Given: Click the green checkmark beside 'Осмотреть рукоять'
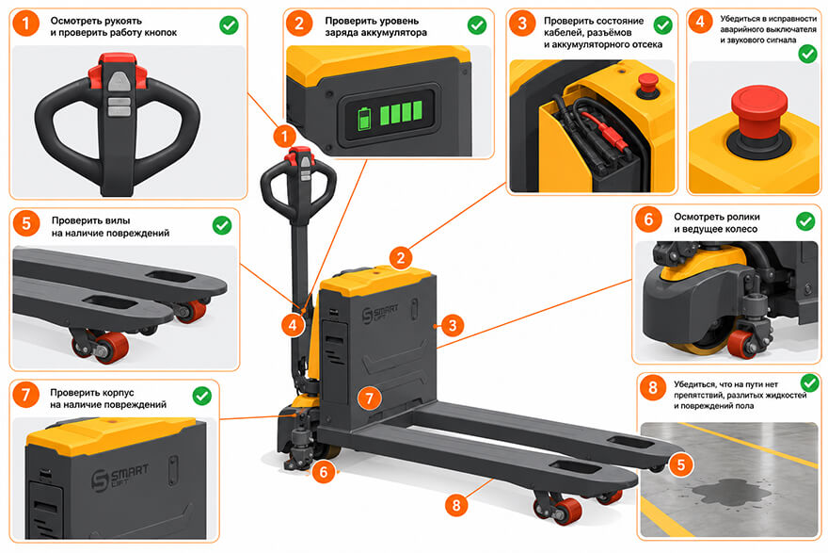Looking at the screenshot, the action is click(x=229, y=24).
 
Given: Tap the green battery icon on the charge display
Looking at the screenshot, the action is click(x=364, y=118).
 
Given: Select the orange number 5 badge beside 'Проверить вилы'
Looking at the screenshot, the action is click(x=26, y=223).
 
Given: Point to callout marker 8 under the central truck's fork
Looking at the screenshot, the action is click(x=456, y=505).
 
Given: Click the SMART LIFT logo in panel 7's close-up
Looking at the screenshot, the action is click(x=119, y=478).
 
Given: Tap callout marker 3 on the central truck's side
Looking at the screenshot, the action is click(x=453, y=326).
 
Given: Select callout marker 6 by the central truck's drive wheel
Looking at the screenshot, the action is click(x=324, y=472).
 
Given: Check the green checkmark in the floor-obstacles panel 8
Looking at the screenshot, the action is click(x=809, y=382).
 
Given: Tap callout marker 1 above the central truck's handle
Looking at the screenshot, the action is click(x=284, y=137).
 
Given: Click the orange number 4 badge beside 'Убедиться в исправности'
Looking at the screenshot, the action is click(x=700, y=22).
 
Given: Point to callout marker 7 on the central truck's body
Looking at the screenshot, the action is click(x=369, y=398).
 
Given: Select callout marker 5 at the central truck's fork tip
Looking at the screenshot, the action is click(x=680, y=464).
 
